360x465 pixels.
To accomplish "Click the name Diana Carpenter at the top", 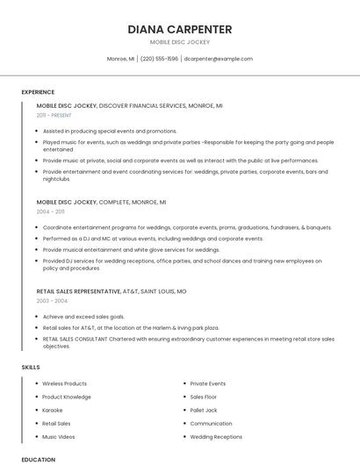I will pos(180,29).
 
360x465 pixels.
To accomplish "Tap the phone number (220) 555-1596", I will pos(159,59).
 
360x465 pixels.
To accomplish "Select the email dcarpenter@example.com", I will pos(219,59).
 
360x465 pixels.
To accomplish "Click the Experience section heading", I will pos(38,92).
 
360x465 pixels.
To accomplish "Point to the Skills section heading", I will pos(31,367).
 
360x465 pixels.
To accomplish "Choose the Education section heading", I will pos(38,459).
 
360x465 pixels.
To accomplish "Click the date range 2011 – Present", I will pos(54,115).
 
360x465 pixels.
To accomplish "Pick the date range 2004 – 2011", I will pos(50,211).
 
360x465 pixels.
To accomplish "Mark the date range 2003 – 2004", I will pos(52,301).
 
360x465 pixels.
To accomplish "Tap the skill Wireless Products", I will pos(64,383).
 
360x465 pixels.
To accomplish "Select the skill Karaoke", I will pos(53,410).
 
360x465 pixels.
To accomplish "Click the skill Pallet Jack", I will pos(204,410).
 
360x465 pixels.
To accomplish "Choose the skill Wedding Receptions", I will pos(216,436).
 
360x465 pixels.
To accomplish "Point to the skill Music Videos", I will pos(58,436).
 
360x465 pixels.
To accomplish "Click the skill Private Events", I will pos(208,383).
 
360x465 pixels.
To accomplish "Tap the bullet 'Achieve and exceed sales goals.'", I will pos(83,316).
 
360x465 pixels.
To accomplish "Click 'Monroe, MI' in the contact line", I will pos(120,59).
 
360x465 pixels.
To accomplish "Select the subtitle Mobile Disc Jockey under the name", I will pos(180,42).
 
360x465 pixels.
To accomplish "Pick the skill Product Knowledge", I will pos(67,397).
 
